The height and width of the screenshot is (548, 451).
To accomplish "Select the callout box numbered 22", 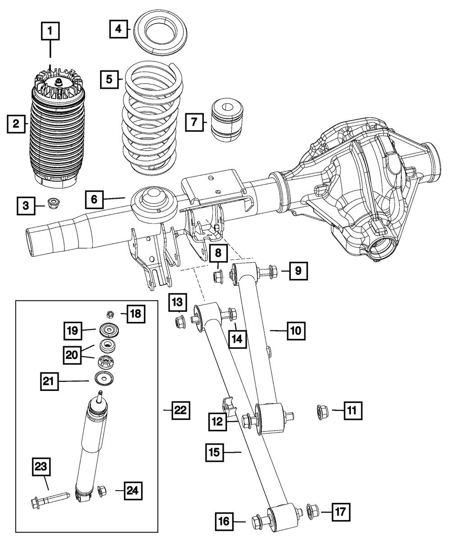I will coord(180,410).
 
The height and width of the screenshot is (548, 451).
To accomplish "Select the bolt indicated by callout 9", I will coord(266,272).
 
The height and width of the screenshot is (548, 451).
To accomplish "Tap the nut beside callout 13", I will coord(179,322).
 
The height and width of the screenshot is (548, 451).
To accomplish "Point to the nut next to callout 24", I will coord(102,490).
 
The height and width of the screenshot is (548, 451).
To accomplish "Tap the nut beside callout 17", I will coord(312,511).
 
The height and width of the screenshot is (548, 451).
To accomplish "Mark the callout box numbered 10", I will coord(296,331).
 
